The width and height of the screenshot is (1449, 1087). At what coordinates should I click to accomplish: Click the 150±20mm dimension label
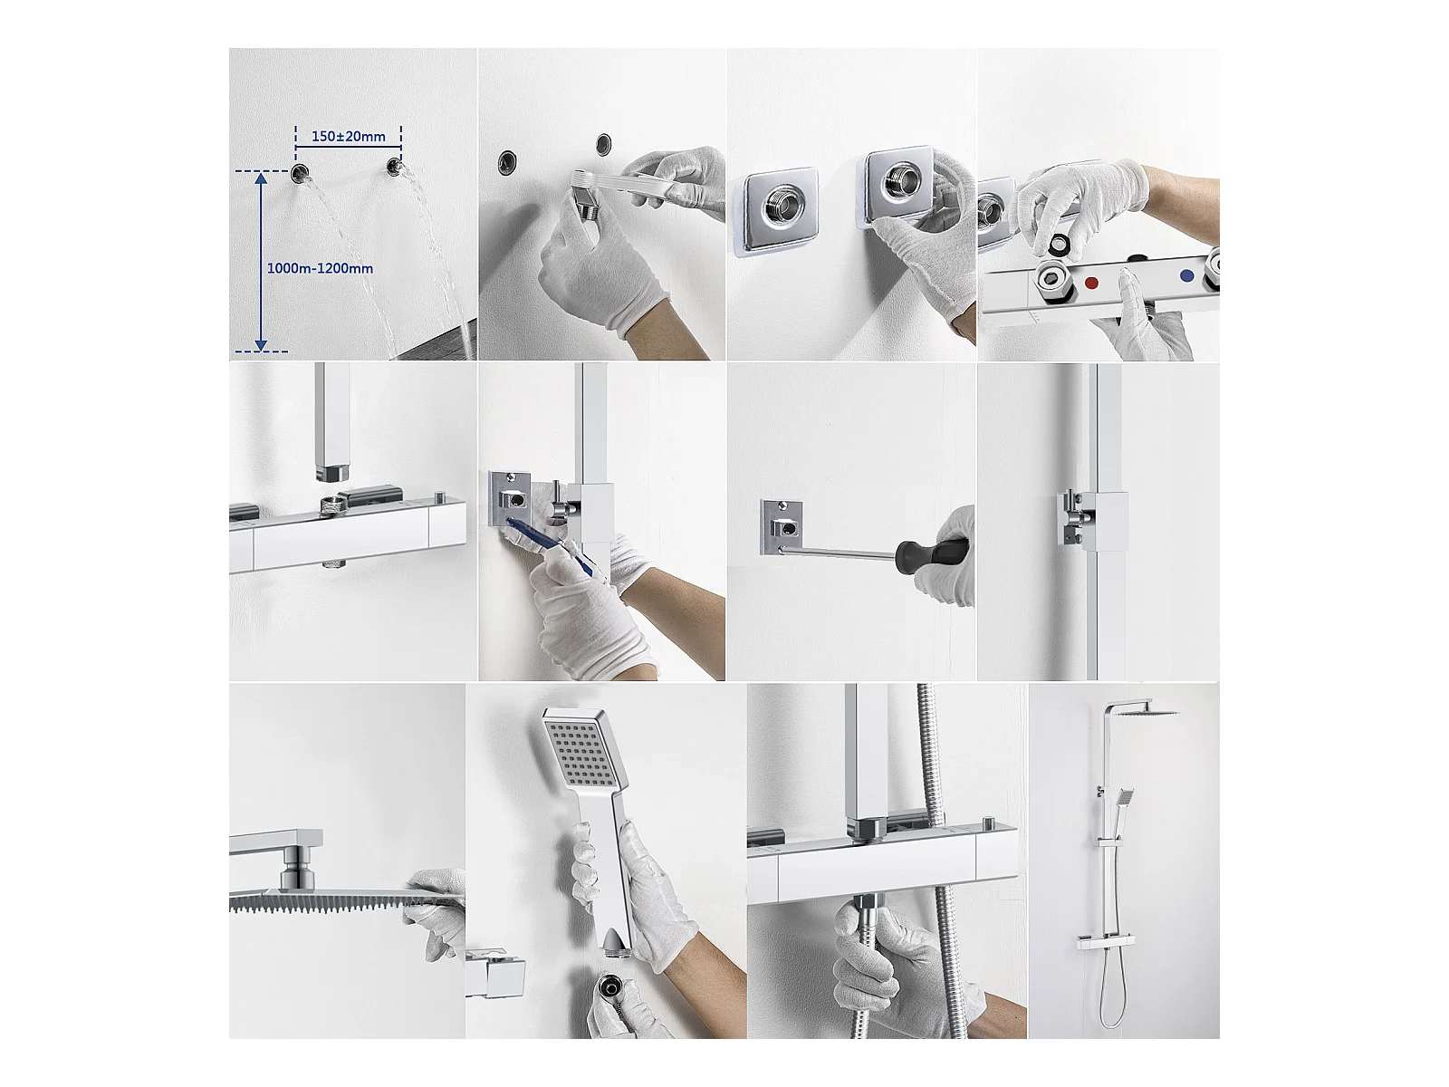pyautogui.click(x=348, y=137)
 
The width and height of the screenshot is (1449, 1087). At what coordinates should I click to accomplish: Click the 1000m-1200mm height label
pyautogui.click(x=321, y=269)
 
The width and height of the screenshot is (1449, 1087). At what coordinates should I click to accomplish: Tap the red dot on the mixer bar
pyautogui.click(x=1091, y=283)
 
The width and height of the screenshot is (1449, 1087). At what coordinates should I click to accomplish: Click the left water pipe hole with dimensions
pyautogui.click(x=301, y=174)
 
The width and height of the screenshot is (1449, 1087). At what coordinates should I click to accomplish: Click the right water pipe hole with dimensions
pyautogui.click(x=395, y=167)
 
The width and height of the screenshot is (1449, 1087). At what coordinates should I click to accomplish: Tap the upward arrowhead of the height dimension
pyautogui.click(x=262, y=178)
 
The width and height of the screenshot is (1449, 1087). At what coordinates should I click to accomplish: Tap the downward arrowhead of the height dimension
pyautogui.click(x=261, y=344)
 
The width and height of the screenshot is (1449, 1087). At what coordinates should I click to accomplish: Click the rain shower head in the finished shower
pyautogui.click(x=1151, y=713)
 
